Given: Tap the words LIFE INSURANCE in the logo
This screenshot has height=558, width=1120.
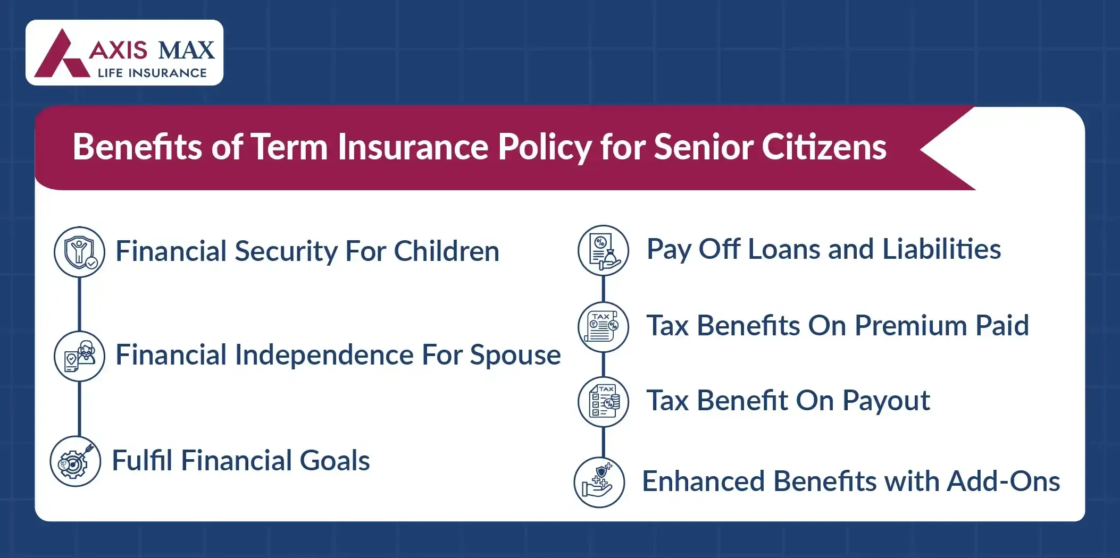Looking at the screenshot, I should point(152,73).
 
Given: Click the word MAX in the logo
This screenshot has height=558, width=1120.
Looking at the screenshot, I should point(187,50).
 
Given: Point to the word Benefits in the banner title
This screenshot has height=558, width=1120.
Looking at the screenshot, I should point(137,147).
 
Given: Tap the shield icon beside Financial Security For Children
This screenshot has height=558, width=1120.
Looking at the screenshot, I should point(80,252).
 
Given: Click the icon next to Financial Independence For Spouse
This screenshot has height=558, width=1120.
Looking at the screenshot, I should point(80,356).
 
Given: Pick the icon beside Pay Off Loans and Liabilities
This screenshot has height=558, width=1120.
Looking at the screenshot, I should point(604,250).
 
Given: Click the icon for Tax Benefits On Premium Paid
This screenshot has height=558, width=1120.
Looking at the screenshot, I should point(604,327).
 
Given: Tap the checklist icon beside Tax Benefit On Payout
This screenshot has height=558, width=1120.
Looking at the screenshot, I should point(604,402).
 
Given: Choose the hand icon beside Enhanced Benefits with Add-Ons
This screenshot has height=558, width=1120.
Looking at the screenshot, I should point(599,483).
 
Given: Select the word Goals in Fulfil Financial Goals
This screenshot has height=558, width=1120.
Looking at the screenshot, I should point(335,461).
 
